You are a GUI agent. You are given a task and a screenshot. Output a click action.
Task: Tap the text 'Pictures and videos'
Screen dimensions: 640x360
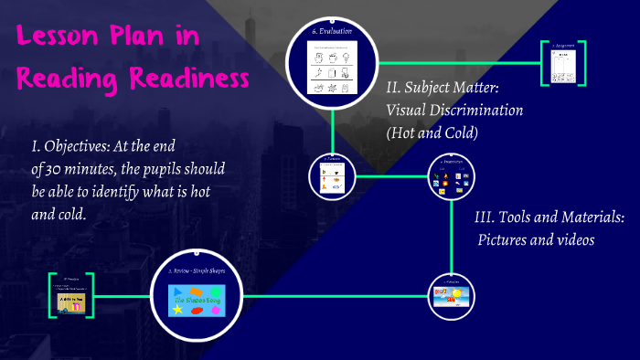pos(536,239)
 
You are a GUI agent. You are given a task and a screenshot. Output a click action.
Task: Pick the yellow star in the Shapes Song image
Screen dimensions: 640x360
pos(175,311)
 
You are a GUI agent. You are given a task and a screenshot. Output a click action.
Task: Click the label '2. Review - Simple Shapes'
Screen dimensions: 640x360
pos(197,271)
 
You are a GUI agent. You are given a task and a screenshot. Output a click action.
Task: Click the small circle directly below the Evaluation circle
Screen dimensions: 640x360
pos(332,175)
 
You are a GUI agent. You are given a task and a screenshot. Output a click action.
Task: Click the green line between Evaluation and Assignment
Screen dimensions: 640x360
pos(448,63)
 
